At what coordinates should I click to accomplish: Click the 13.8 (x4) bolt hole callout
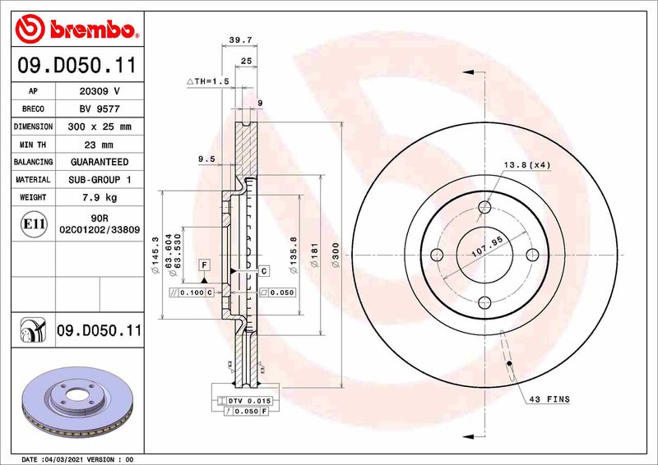coord(528,164)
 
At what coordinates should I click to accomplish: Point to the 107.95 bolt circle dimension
coord(485,242)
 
